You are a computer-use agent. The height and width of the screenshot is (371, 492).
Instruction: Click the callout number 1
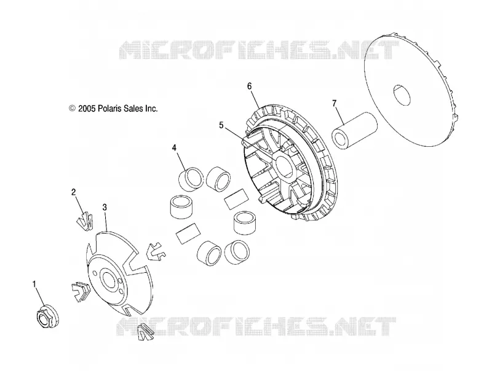(34, 284)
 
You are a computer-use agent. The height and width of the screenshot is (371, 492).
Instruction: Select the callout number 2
(73, 192)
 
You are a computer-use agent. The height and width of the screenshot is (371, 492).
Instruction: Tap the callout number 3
(105, 207)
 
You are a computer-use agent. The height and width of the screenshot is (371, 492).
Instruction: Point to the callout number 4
(174, 147)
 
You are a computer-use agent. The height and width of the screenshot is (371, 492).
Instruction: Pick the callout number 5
(221, 125)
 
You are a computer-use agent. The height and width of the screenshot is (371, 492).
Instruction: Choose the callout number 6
(250, 86)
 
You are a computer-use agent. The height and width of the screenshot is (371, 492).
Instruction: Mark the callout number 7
(334, 103)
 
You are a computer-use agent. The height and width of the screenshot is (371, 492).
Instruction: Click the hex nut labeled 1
(47, 317)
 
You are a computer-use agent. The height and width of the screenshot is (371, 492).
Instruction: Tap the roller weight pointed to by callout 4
(191, 178)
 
